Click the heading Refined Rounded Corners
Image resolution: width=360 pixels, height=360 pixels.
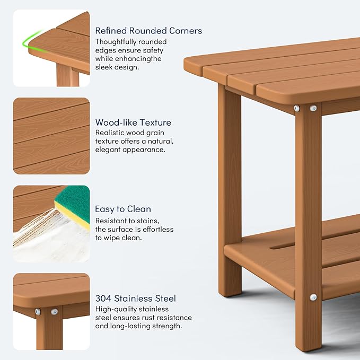pyautogui.click(x=148, y=31)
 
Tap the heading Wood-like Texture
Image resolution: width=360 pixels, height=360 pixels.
pyautogui.click(x=133, y=122)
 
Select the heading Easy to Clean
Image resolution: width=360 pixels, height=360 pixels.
pyautogui.click(x=123, y=209)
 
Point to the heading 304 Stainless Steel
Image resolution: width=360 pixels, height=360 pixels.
pyautogui.click(x=136, y=298)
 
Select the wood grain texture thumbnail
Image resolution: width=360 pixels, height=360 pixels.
pyautogui.click(x=51, y=136)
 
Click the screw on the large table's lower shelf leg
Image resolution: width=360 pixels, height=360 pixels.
pyautogui.click(x=313, y=297)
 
